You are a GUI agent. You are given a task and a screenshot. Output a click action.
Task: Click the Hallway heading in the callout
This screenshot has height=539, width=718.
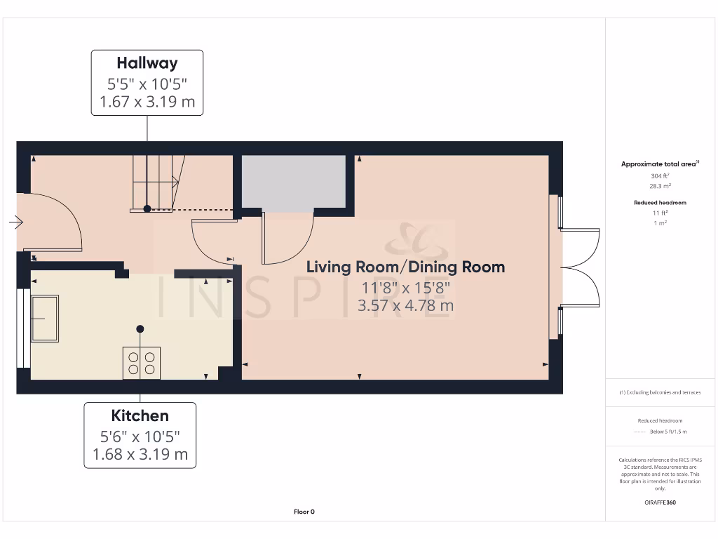pos(147,63)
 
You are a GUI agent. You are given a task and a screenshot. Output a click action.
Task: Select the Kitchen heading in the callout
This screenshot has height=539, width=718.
pos(140,415)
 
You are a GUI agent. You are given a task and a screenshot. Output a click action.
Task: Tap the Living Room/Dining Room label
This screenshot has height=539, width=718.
pos(405,267)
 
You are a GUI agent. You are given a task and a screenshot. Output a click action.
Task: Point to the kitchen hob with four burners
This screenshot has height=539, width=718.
pos(142,363)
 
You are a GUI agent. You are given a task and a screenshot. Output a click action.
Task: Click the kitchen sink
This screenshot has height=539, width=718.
pos(45,319)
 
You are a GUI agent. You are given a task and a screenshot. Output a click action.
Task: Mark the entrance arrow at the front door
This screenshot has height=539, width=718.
pos(16,222)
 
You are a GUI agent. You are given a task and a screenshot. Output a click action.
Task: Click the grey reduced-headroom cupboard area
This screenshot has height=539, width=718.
pos(294,182)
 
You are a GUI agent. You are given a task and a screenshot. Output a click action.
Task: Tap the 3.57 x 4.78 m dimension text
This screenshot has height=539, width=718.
pos(405,306)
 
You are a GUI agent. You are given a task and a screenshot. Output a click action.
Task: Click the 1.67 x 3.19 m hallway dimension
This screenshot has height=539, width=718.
pos(147,102)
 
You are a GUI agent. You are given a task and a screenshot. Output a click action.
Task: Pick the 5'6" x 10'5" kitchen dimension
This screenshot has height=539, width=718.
pos(140,437)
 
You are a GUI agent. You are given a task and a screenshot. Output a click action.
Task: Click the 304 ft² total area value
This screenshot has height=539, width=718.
pos(660,175)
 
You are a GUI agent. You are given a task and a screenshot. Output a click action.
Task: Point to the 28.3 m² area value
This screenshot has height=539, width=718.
pos(660,186)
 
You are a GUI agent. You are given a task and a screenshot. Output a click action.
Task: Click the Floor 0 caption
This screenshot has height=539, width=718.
pos(304,512)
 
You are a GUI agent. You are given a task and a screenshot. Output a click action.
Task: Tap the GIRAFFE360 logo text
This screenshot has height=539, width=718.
pos(660,503)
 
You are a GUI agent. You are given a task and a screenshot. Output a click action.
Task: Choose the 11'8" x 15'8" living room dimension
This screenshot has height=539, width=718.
pos(405,288)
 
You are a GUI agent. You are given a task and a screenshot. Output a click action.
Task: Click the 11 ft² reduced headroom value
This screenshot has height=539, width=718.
pos(660,213)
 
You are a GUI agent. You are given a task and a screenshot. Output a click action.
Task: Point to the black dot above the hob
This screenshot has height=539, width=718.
pos(140,328)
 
